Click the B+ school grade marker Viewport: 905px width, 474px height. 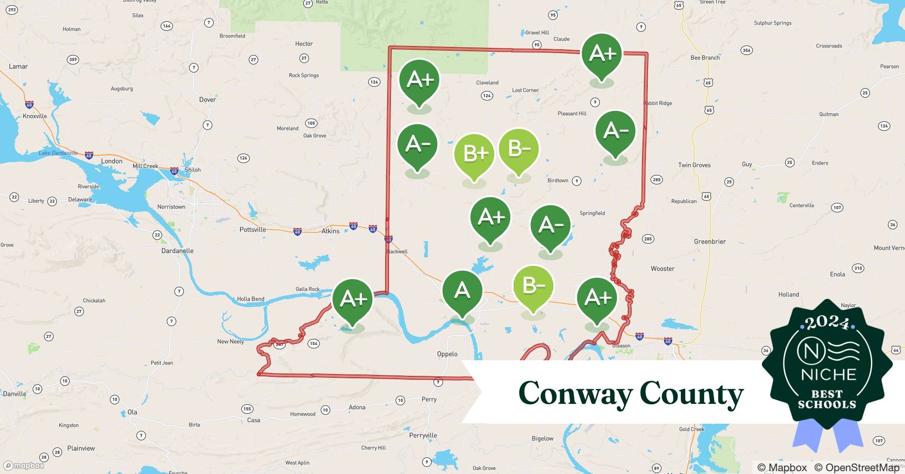tap(474, 154)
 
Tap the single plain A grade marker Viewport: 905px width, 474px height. tap(462, 291)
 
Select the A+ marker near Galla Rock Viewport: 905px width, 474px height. tap(353, 299)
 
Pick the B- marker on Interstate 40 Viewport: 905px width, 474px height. tap(533, 286)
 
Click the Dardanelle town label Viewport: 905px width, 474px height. tap(177, 251)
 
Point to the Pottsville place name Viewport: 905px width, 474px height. tap(253, 230)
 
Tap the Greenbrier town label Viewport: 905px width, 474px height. tap(710, 242)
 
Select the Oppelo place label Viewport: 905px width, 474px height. tap(447, 354)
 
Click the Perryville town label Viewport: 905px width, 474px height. tap(423, 436)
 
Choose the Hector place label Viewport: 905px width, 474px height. tap(304, 44)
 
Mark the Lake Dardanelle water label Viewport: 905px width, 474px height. tap(58, 153)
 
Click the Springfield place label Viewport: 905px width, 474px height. tap(592, 213)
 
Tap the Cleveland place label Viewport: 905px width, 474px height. tap(487, 82)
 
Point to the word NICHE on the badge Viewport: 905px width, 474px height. tap(828, 375)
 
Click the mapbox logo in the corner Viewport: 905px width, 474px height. tap(24, 465)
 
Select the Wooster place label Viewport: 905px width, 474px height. tap(662, 269)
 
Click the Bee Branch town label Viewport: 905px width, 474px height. tap(705, 58)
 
